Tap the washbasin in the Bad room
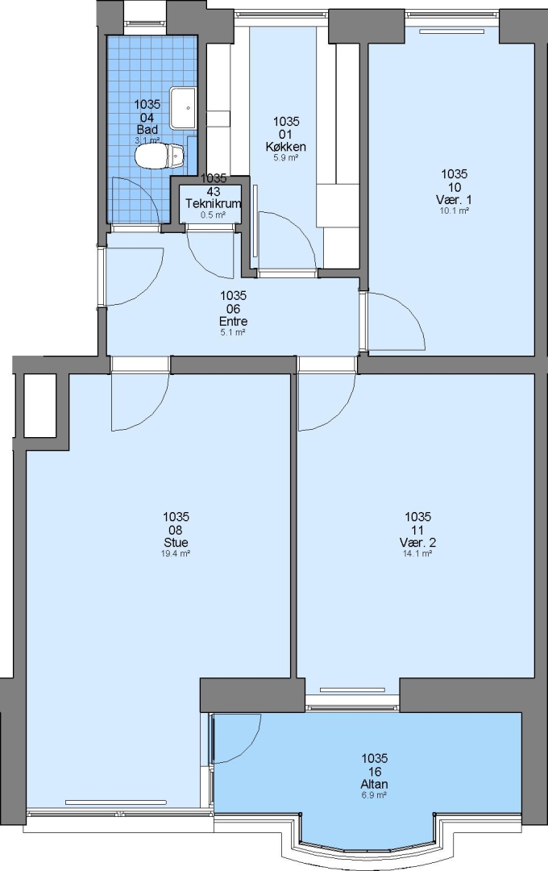tap(183, 108)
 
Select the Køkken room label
tap(286, 148)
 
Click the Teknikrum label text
tap(214, 203)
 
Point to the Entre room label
tap(233, 321)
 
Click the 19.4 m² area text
tap(176, 553)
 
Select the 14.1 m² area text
tap(417, 553)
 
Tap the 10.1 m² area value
tap(455, 210)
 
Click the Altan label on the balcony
tap(374, 785)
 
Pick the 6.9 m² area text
tap(374, 795)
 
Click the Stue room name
tap(176, 543)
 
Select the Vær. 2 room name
tap(417, 543)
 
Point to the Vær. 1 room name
tap(455, 200)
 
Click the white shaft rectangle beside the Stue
tap(40, 406)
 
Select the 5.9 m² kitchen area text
tap(286, 158)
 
